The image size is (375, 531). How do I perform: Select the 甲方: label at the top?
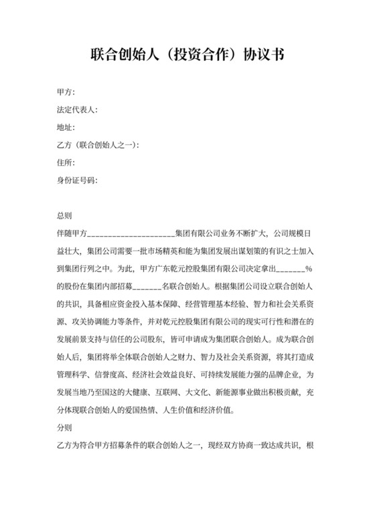point(66,92)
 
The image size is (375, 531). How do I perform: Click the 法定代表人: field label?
point(77,109)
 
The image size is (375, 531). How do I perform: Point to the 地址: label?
point(66,127)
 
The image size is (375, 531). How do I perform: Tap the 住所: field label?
point(66,162)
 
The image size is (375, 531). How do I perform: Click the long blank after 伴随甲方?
point(131,234)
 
